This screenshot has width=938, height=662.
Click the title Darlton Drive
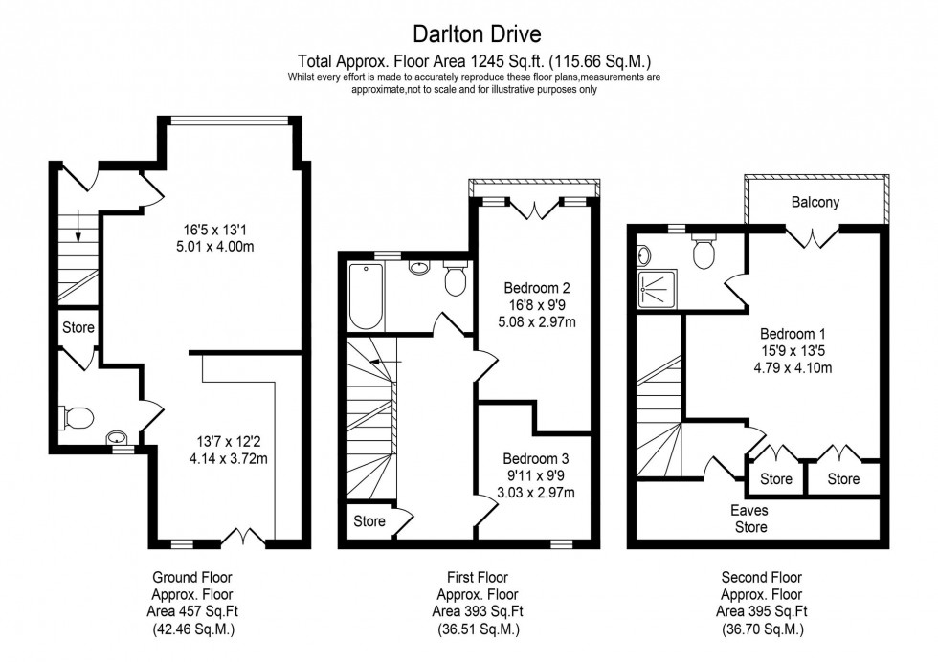[477, 35]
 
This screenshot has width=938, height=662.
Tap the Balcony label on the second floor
[815, 202]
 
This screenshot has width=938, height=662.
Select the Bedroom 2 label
[537, 287]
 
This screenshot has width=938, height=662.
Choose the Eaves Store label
[750, 519]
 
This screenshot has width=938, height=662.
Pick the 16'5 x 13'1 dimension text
[224, 230]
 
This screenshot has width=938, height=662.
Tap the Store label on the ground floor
[78, 327]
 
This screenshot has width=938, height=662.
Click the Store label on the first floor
[369, 521]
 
